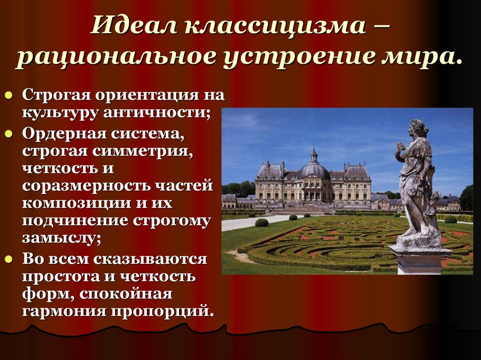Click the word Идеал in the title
click(x=133, y=24)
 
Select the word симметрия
click(x=142, y=151)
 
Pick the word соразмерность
click(x=86, y=186)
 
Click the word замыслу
click(x=62, y=238)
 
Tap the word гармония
click(x=64, y=311)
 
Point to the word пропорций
click(x=162, y=311)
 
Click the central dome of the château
click(x=313, y=170)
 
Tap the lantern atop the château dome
click(x=313, y=156)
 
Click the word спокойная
click(x=126, y=294)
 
